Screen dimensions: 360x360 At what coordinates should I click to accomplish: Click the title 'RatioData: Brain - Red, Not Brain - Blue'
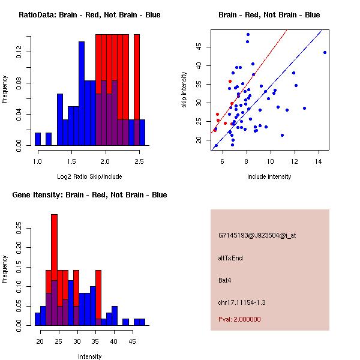tap(89, 15)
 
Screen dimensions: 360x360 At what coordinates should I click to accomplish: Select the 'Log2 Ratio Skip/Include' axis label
tap(89, 176)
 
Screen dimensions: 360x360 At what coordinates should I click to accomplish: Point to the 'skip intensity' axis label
tap(185, 90)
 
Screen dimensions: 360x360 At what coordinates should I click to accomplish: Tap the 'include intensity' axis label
tap(269, 176)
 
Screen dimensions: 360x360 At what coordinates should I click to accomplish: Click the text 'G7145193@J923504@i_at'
tap(257, 235)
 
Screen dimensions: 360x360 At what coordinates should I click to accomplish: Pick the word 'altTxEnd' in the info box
tap(231, 258)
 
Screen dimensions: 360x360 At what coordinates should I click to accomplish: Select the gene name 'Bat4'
tap(225, 280)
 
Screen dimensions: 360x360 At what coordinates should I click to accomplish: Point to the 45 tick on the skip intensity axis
tap(203, 47)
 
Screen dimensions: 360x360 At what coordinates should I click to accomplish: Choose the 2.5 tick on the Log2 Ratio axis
tap(139, 161)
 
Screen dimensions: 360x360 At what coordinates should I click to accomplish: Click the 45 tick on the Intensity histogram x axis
tap(132, 341)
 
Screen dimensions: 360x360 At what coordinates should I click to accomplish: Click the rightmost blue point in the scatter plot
tap(325, 52)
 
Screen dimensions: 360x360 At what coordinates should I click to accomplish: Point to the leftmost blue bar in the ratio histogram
tap(38, 139)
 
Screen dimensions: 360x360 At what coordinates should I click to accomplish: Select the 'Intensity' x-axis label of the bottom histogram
tap(89, 356)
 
